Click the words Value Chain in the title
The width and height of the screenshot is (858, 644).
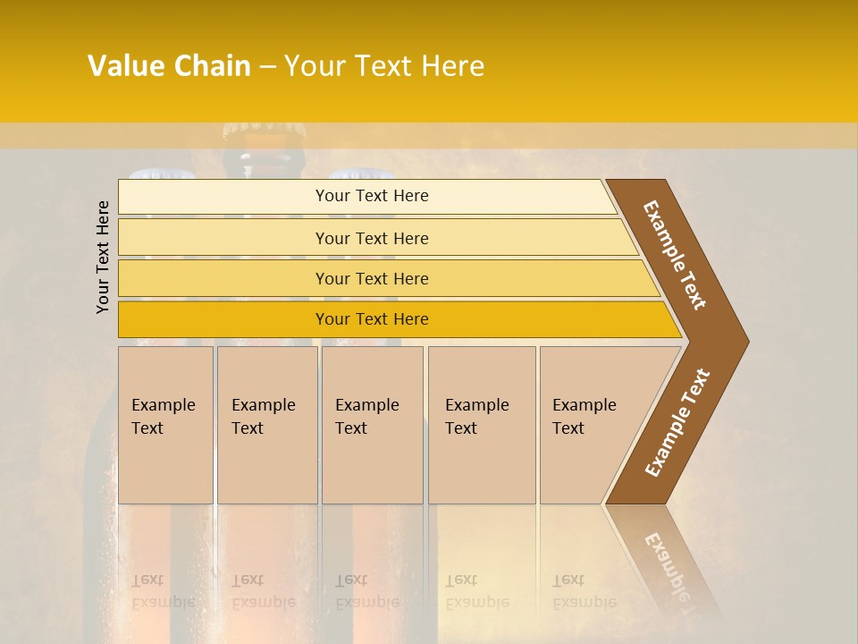[169, 66]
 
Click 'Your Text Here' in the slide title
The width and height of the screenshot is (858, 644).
[384, 66]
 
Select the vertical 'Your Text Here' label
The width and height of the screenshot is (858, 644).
[103, 257]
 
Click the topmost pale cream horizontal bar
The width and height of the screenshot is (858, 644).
[372, 196]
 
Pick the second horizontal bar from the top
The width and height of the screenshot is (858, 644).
[372, 238]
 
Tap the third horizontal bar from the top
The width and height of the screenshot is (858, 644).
[372, 278]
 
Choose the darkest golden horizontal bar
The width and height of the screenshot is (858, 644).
[372, 319]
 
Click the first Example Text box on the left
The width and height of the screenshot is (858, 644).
[165, 425]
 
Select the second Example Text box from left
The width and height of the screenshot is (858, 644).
[266, 425]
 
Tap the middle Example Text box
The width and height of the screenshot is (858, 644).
[372, 425]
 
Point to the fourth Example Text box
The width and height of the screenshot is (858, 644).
[481, 425]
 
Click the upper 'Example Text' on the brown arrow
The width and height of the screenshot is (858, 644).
[675, 255]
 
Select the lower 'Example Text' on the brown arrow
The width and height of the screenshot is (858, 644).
[677, 423]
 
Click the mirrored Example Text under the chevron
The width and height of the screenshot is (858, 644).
[668, 563]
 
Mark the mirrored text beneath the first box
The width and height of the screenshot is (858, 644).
[163, 591]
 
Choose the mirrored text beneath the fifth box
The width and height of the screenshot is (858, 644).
[584, 591]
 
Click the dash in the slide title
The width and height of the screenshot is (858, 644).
[267, 66]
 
